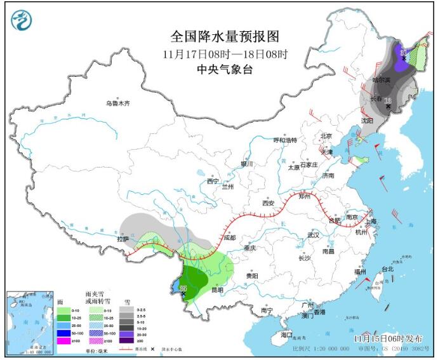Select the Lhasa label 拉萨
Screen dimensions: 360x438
122,239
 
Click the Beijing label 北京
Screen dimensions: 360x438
326,136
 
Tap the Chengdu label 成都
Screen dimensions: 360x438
229,237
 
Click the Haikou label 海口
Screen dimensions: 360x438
286,334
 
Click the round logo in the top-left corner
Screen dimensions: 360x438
20,21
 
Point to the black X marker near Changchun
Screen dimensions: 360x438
388,106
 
